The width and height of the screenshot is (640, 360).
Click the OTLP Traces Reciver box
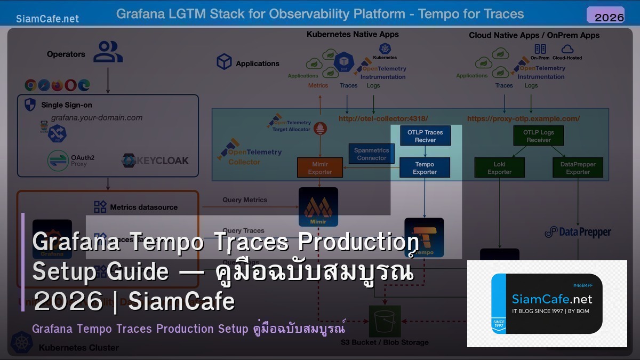point(425,136)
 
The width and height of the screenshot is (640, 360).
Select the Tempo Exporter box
point(425,168)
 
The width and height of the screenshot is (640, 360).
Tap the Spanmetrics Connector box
point(372,154)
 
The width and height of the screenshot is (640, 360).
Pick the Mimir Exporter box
point(320,168)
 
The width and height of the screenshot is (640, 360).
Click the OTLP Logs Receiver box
point(539,136)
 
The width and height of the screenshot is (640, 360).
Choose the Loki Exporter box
point(500,168)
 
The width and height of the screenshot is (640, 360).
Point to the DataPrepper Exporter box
point(578,168)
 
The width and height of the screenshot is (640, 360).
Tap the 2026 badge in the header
point(609,17)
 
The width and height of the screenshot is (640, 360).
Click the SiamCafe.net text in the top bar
point(47,19)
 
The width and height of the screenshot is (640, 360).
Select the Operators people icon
point(108,53)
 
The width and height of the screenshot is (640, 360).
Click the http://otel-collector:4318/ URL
point(383,118)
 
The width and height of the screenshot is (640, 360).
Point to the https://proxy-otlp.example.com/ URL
point(523,118)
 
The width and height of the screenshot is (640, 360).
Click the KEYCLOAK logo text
point(155,161)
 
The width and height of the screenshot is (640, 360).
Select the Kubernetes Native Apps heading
point(353,35)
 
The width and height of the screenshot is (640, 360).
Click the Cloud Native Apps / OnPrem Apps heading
point(534,35)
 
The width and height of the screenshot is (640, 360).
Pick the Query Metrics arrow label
point(245,200)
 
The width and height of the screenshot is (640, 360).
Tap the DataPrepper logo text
point(578,232)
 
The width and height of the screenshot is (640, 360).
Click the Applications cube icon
point(224,62)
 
